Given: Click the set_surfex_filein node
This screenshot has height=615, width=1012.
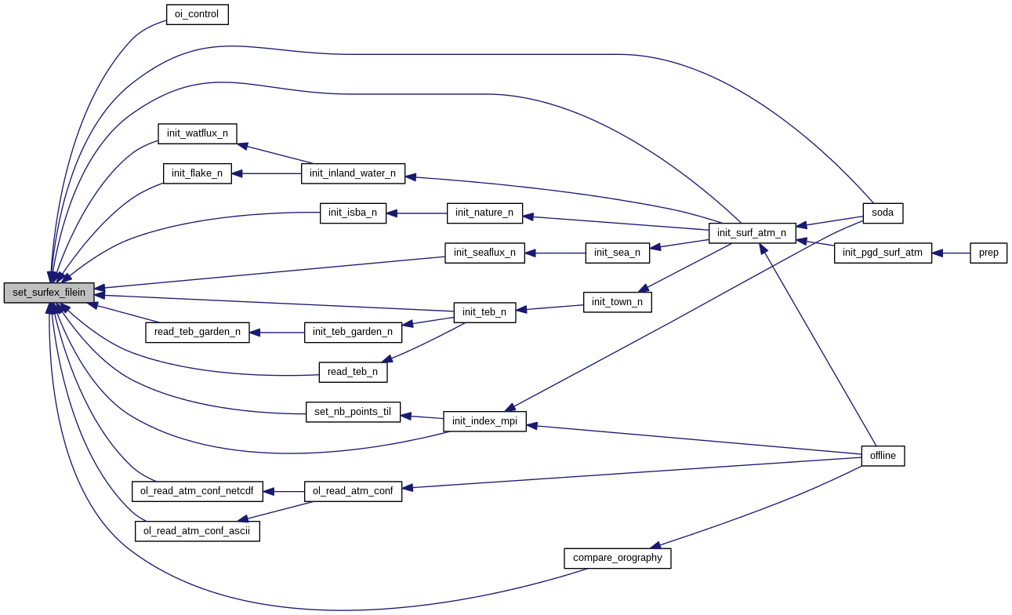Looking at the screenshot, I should (x=49, y=293).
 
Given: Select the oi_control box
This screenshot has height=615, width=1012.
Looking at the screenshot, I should (x=197, y=14).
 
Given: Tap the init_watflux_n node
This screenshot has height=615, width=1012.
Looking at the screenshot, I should (x=197, y=133).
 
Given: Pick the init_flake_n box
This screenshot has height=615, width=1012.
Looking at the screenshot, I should (x=197, y=173).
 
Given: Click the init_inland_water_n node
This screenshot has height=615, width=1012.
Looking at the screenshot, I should (x=353, y=173).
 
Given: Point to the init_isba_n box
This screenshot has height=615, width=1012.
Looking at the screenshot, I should (x=353, y=213).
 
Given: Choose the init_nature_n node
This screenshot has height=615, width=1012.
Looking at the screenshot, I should (x=484, y=213).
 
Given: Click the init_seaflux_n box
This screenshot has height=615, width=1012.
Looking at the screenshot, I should (x=484, y=253).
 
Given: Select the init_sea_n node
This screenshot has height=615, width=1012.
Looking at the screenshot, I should (x=617, y=253).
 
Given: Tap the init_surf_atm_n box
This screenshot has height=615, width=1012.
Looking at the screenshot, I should (x=752, y=233).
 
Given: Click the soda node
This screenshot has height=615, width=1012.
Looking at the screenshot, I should (x=883, y=213).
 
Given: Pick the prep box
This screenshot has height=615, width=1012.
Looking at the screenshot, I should (x=988, y=253).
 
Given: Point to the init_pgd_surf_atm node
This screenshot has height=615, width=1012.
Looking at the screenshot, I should (x=883, y=253).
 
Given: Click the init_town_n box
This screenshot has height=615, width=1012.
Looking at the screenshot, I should (x=617, y=302).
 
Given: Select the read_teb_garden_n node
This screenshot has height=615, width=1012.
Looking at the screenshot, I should (x=197, y=332).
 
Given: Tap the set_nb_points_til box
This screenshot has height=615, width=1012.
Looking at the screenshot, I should (x=353, y=412).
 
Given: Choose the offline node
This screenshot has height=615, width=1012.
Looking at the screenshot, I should (x=883, y=456).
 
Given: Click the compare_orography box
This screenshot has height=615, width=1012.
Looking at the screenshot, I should (x=617, y=558).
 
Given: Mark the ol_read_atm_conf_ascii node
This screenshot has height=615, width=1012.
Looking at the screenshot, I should (x=197, y=531).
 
